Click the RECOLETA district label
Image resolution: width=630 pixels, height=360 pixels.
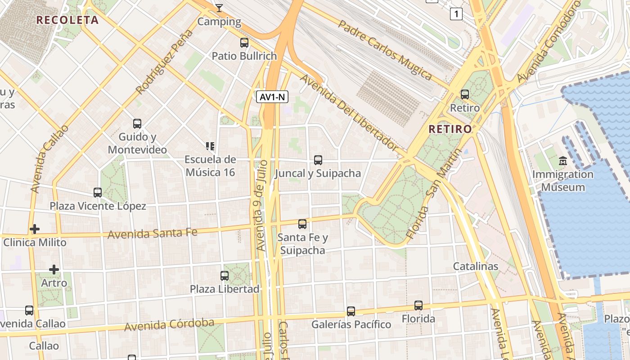tap(67, 20)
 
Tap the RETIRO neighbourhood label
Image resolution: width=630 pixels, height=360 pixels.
tap(450, 129)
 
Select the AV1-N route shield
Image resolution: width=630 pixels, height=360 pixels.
tap(272, 97)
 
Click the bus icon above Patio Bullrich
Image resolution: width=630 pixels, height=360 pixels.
tap(244, 43)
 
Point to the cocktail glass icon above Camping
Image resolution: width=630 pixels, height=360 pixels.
tap(219, 8)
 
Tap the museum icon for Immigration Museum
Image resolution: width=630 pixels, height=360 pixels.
tap(562, 161)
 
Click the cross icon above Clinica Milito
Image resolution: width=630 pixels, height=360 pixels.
tap(35, 229)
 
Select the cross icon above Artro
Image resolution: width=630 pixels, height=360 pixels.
tap(54, 270)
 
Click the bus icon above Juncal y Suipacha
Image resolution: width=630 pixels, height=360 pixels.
tap(318, 160)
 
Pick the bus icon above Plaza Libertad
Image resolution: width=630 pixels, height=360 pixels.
tap(225, 275)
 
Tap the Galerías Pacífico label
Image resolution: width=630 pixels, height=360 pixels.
tap(351, 324)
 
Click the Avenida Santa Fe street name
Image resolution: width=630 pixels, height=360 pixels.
tap(153, 234)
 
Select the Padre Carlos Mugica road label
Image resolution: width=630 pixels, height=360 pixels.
tap(385, 49)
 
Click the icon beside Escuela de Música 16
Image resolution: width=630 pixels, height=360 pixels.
tap(210, 146)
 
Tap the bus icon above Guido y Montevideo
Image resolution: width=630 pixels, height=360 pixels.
tap(137, 123)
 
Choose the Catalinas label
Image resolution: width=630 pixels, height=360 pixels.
tap(475, 266)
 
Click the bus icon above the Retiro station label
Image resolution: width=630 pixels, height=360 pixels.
tap(465, 94)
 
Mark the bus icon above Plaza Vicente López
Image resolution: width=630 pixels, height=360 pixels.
tap(98, 193)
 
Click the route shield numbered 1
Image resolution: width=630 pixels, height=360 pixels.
tap(456, 14)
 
